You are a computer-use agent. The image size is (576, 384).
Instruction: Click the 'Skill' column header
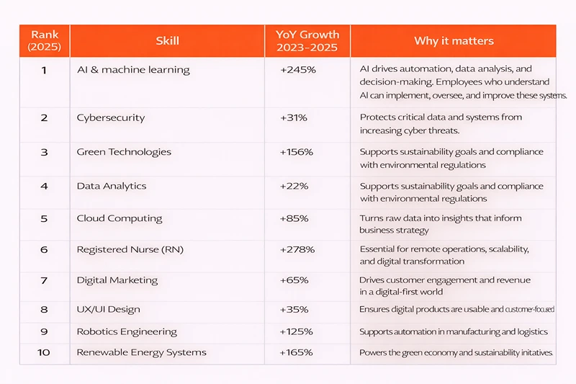167,41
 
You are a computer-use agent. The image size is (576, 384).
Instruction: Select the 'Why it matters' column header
452,41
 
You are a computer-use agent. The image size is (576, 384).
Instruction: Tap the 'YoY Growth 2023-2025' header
307,41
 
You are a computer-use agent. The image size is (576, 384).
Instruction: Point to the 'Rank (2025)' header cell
45,41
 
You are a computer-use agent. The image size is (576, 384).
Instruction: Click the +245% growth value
297,70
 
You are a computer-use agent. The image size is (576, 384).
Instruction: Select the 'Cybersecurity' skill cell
111,117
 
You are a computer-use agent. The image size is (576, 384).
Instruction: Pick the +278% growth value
297,250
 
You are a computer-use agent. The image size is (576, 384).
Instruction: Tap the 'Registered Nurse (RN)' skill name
130,250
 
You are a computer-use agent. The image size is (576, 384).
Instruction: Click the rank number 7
44,280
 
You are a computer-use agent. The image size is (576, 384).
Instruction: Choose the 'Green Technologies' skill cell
124,152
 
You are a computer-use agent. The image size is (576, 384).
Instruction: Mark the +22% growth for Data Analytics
294,186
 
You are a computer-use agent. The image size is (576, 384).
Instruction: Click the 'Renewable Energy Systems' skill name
141,352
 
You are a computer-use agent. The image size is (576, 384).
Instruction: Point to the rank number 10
44,352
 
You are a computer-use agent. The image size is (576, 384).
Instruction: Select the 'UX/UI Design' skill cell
108,309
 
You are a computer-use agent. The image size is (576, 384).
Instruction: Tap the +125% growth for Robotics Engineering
297,331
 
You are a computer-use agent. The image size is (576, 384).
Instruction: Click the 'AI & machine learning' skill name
133,70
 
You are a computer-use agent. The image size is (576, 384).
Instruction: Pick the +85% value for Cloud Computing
294,218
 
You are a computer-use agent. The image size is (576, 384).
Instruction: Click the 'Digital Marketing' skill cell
117,280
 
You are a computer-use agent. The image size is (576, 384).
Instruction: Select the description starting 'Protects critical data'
441,123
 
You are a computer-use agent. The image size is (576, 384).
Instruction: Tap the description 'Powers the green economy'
456,352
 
